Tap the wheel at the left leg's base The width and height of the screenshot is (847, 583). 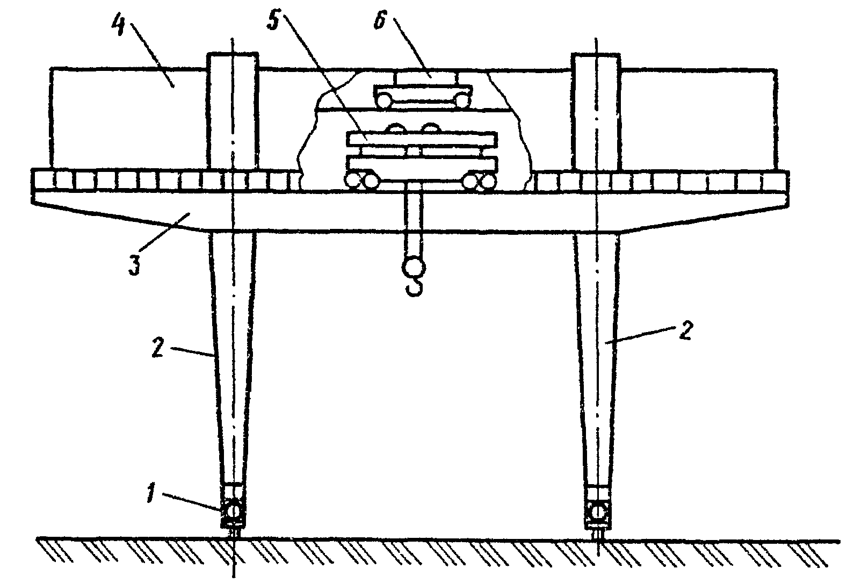233,508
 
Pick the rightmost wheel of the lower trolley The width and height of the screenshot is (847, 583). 488,182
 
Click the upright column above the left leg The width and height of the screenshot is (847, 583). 233,110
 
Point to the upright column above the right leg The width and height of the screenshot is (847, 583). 597,110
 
